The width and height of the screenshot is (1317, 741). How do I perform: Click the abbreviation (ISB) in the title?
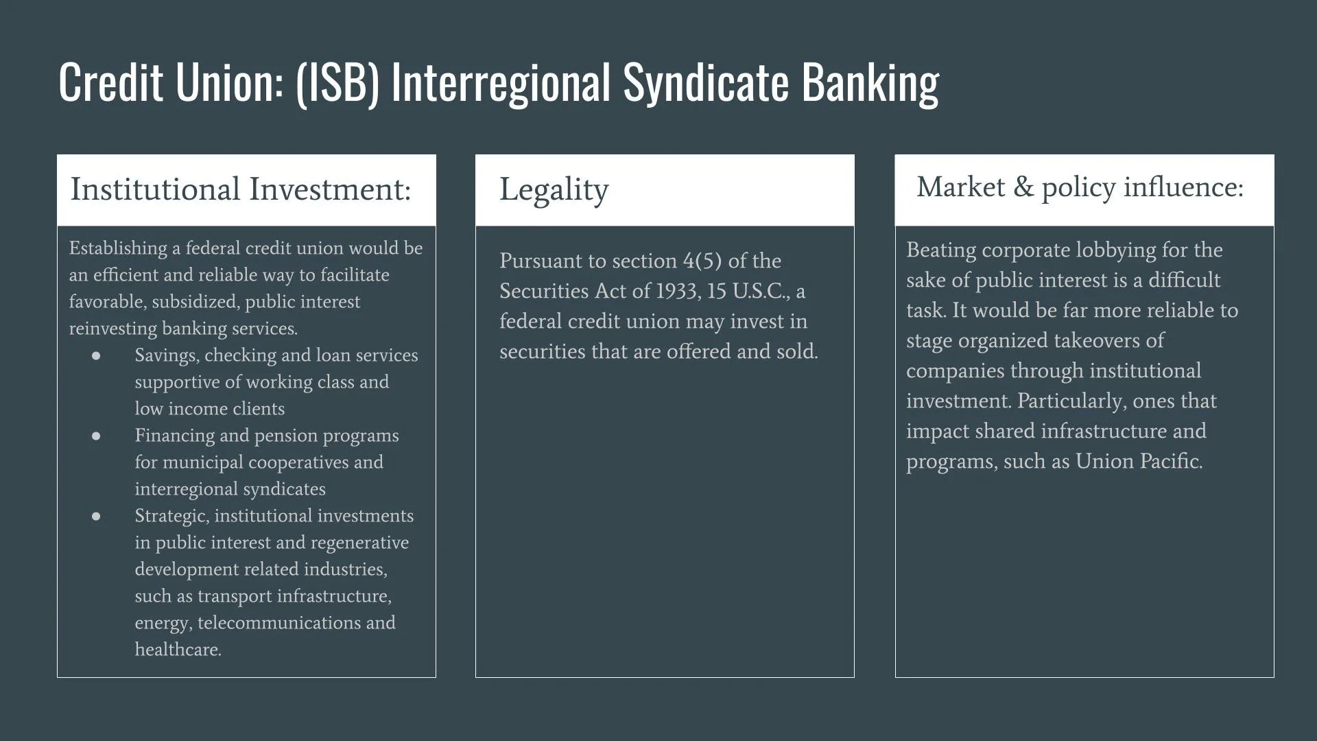(337, 82)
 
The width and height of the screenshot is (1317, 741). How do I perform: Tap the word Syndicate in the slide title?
(706, 82)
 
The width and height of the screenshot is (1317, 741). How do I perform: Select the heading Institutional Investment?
(240, 189)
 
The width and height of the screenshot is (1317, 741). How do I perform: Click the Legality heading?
(554, 189)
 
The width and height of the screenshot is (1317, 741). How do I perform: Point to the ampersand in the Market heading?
(1023, 187)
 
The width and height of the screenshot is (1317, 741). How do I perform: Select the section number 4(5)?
(702, 261)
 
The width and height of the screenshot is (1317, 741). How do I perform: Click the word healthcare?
(178, 649)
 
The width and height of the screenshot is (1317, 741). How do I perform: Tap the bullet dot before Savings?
(96, 355)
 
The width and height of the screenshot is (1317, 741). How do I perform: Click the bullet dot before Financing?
(96, 436)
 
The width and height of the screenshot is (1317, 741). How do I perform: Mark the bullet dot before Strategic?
(96, 516)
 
